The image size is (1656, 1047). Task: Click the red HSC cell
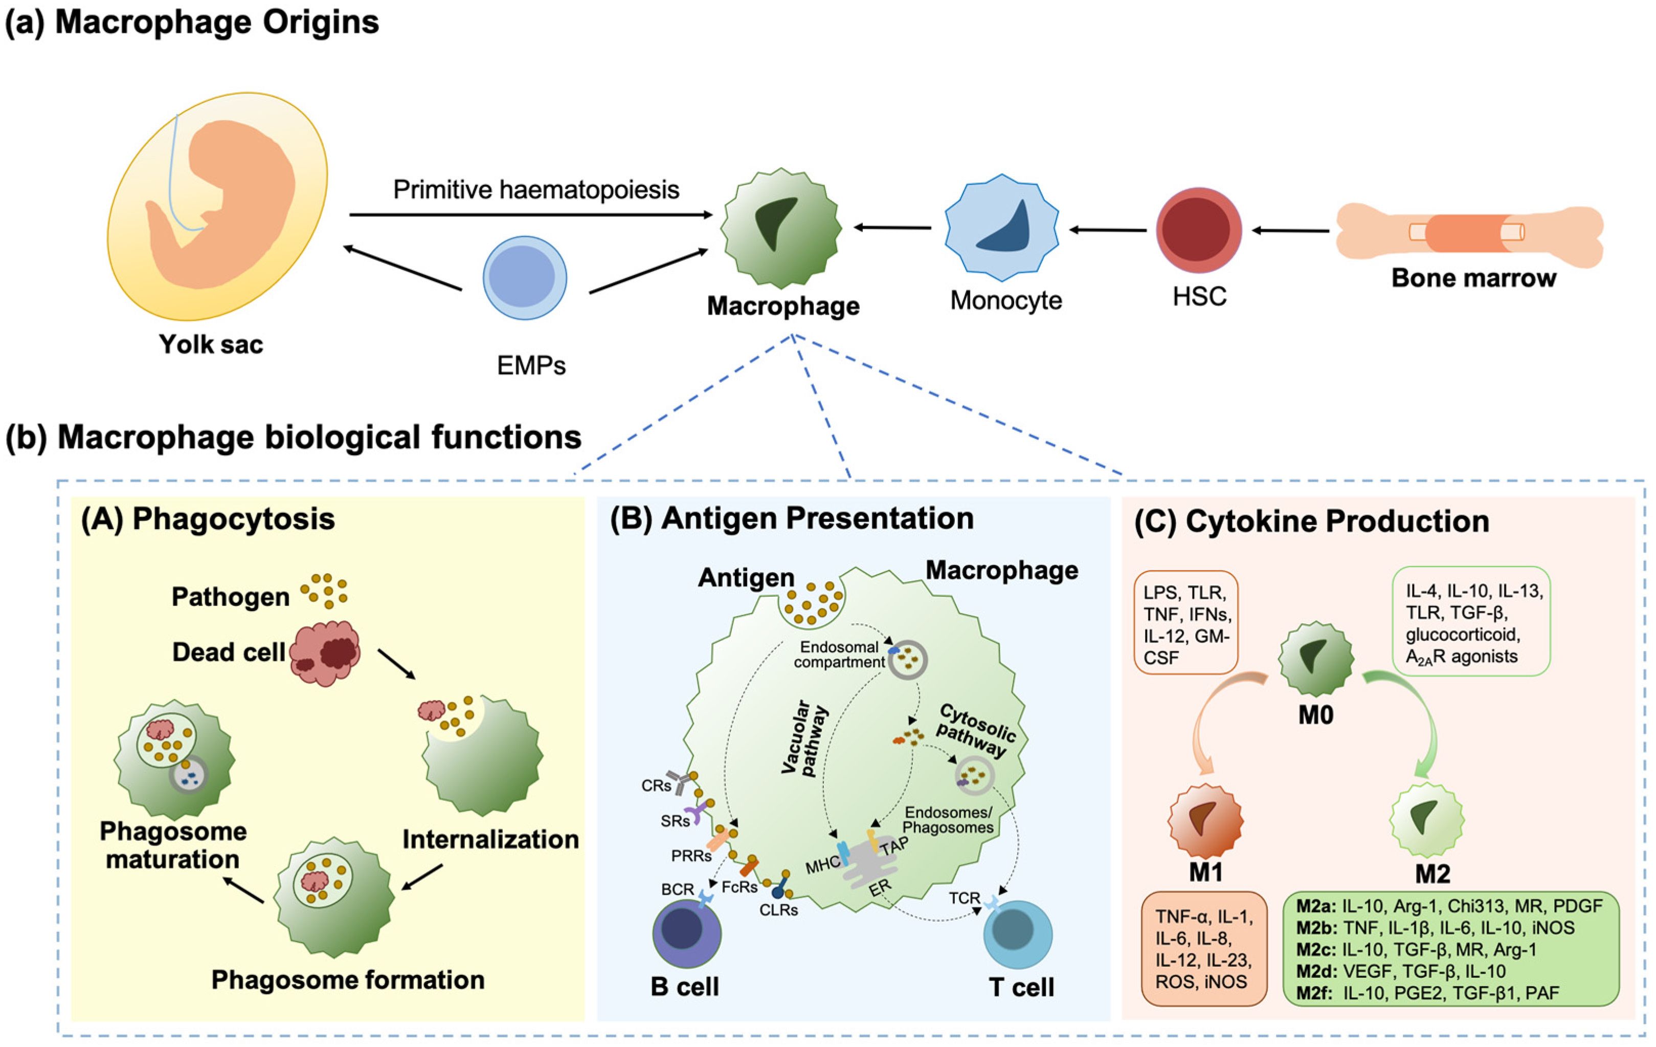coord(1199,230)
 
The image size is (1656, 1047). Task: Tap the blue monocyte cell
coord(1002,228)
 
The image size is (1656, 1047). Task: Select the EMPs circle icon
coord(525,278)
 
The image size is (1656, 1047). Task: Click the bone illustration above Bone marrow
coord(1470,234)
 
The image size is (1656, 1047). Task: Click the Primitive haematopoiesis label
coord(536,189)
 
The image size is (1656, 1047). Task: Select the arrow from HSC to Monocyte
coord(1108,230)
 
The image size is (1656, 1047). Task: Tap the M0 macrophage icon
coord(1315,658)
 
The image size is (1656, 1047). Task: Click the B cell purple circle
coord(686,933)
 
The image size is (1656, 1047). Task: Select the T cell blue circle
coord(1018,934)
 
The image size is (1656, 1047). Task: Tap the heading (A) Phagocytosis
coord(208,519)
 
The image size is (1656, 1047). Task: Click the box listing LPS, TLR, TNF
coord(1185,622)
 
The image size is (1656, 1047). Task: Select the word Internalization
coord(490,839)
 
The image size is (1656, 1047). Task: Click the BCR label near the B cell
coord(678,889)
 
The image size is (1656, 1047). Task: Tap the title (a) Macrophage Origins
coord(193,22)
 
